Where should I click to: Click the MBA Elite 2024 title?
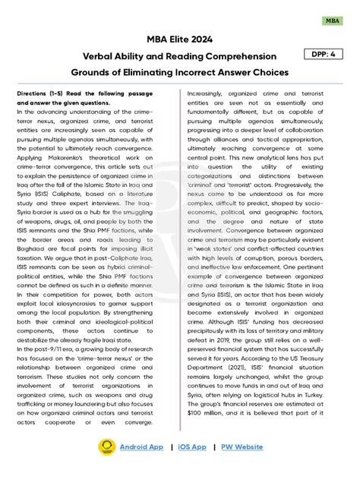179,39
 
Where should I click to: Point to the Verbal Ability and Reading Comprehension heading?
179,55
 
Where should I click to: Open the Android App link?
141,447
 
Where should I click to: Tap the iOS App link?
192,447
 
